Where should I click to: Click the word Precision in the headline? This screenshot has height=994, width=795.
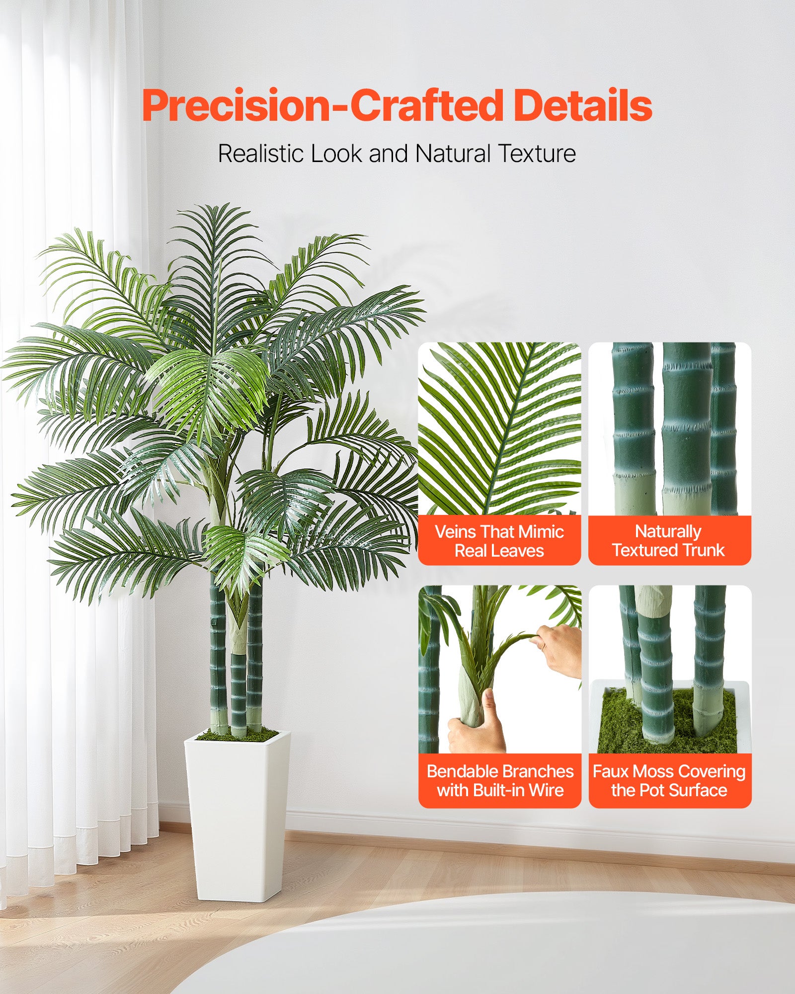236,106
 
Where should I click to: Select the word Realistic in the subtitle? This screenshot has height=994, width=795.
261,153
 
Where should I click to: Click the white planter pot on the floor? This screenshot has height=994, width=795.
238,815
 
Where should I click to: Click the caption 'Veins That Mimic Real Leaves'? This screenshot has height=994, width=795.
499,541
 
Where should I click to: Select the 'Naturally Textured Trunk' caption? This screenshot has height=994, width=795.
669,540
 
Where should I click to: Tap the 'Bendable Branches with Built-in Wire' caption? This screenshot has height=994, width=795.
500,780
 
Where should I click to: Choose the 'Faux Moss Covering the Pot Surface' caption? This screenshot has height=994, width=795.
669,780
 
